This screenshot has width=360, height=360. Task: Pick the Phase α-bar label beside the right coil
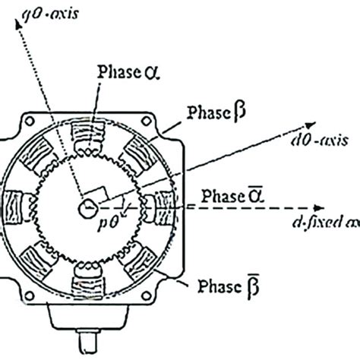227,196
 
